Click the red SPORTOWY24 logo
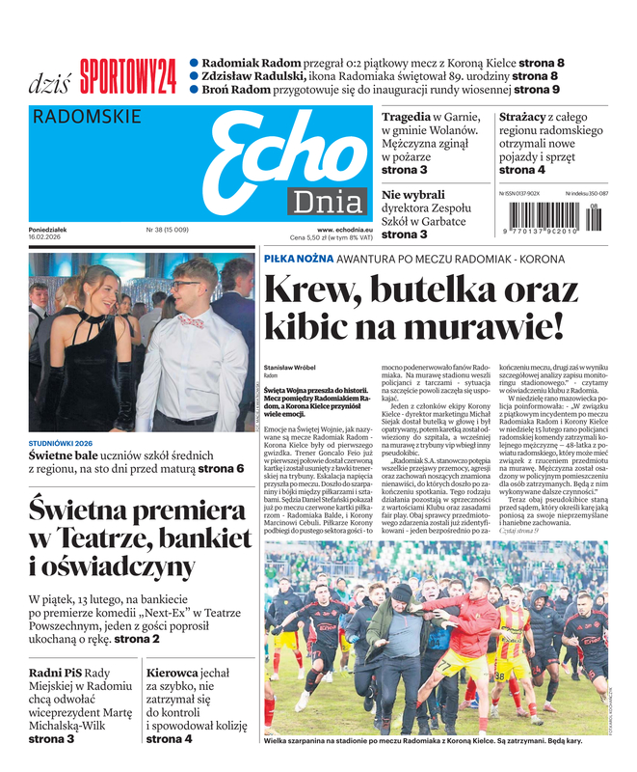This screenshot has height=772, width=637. (x=128, y=75)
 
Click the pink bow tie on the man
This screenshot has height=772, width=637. (x=190, y=321)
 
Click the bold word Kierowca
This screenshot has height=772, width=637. (x=174, y=673)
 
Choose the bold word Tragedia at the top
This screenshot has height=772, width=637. (x=406, y=116)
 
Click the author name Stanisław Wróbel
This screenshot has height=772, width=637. (x=288, y=367)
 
